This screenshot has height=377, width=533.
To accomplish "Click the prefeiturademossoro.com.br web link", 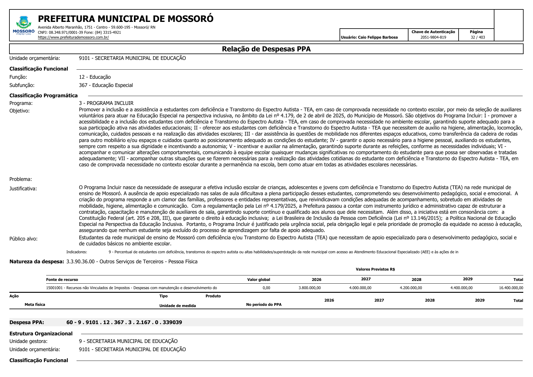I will (73, 37).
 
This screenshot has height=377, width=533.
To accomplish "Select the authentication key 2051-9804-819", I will (433, 37).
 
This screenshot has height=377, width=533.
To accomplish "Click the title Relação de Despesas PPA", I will (266, 49).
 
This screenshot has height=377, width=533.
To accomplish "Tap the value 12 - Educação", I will (95, 77).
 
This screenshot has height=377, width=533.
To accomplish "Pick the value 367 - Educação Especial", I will (106, 85).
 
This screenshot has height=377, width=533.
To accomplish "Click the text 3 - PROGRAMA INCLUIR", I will (106, 103).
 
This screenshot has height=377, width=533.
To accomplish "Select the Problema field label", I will (21, 179).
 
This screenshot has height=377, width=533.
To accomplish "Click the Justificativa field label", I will (23, 188).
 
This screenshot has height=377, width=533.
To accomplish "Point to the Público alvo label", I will (23, 239).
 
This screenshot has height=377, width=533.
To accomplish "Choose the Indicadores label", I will (77, 252).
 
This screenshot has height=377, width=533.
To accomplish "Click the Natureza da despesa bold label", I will (37, 261).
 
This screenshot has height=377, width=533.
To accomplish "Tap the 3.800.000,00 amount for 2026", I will (309, 288).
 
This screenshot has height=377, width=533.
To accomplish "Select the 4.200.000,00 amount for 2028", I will (411, 288).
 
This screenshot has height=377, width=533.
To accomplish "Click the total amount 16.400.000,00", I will (511, 288).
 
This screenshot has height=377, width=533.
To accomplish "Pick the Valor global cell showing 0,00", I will (266, 288).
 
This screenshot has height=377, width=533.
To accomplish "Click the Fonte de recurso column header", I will (62, 279).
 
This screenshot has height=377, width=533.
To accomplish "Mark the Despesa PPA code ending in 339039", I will (124, 322).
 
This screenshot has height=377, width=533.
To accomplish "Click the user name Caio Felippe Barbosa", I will (378, 37).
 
